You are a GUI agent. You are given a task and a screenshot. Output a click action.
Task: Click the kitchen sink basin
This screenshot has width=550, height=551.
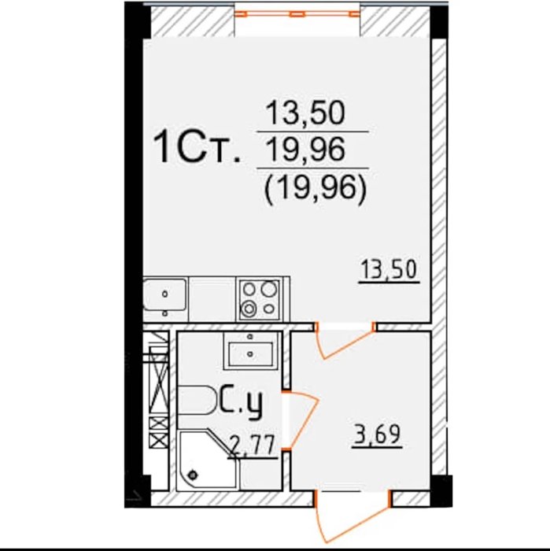pyautogui.click(x=164, y=294)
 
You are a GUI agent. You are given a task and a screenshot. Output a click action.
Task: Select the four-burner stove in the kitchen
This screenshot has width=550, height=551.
pyautogui.click(x=260, y=299)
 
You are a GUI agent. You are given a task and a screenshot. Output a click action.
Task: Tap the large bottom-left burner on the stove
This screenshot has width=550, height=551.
pyautogui.click(x=249, y=309)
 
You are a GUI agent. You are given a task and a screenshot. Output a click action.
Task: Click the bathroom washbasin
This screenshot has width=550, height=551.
pyautogui.click(x=250, y=349)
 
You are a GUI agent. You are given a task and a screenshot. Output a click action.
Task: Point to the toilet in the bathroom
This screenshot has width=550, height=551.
pyautogui.click(x=197, y=400)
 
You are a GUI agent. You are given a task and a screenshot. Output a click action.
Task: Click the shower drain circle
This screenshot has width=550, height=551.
pyautogui.click(x=193, y=475)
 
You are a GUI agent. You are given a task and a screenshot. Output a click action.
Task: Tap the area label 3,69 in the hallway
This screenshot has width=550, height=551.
pyautogui.click(x=376, y=436)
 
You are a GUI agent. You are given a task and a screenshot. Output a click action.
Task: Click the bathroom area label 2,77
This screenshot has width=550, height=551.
pyautogui.click(x=252, y=447)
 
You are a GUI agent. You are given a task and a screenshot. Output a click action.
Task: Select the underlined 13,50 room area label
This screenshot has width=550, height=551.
pyautogui.click(x=389, y=271)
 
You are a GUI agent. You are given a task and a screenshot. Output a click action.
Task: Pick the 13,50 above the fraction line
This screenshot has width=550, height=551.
pyautogui.click(x=305, y=113)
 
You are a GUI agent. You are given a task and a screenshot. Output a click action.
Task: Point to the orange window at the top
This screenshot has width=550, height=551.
pyautogui.click(x=297, y=14)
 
